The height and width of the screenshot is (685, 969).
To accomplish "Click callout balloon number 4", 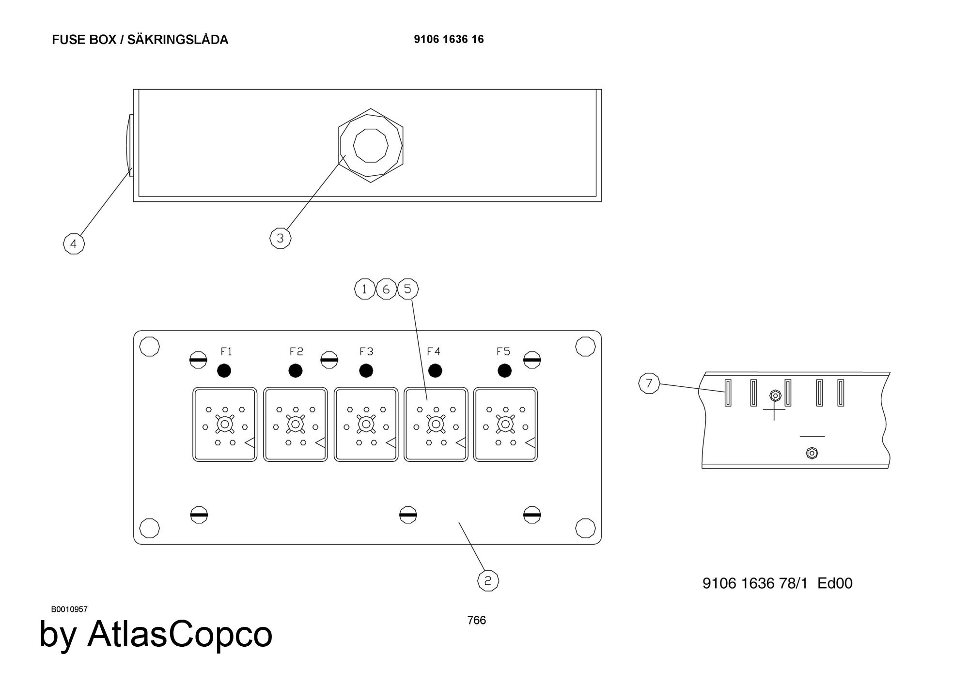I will pos(74,244).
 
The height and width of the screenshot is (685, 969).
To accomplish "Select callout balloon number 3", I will pos(280,238).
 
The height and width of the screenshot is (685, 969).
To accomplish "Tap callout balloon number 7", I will pos(649,383).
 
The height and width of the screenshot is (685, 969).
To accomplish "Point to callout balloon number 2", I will pos(488,580).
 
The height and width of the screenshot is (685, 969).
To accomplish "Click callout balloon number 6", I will pos(386,289).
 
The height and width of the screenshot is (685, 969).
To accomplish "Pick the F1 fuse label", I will pos(226,351).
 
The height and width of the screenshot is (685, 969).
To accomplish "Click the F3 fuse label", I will pos(366,351).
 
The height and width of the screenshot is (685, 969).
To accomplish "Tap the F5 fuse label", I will pos(503,351).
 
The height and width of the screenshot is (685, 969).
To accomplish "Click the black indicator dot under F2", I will pos(295,371).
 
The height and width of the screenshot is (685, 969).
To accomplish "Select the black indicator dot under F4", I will pos(435,371).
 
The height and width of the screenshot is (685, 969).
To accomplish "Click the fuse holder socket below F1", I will pos(225,425).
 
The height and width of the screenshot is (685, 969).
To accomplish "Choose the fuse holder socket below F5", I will pos(505,425).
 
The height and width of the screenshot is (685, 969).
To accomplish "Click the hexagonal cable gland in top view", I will pos(371,145).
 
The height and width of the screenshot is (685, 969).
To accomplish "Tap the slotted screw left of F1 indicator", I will pos(198,360).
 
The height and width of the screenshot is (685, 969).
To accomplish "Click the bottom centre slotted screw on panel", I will pos(408,515).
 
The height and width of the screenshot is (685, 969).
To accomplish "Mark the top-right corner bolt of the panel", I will pos(585,346).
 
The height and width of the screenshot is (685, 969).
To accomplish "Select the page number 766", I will pos(476,620).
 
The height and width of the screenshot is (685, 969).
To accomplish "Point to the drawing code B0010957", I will pos(69,609).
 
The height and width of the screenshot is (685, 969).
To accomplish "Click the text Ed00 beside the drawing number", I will pos(834,583).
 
